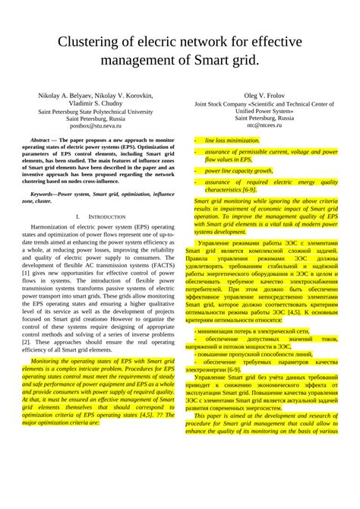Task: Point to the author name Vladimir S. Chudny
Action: pos(96,103)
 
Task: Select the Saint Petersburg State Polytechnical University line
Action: pos(96,111)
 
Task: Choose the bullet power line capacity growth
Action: pos(239,171)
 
